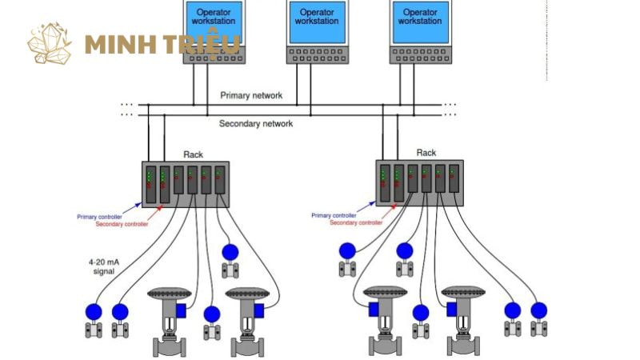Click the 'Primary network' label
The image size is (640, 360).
tap(251, 95)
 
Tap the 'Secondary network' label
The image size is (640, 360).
tap(256, 124)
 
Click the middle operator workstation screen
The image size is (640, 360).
tap(317, 22)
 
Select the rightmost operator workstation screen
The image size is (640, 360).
tap(420, 22)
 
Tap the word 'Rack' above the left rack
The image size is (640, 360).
tap(194, 154)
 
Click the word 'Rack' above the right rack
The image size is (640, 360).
tap(426, 153)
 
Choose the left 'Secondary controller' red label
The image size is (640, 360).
tap(122, 224)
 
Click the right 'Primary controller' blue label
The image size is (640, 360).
tap(334, 215)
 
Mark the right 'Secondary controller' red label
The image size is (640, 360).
tap(355, 222)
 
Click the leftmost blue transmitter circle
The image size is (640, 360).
tap(94, 311)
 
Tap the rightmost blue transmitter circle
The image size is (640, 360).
tap(538, 309)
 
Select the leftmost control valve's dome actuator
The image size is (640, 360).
tap(169, 294)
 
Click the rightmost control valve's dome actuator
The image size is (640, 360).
tap(463, 292)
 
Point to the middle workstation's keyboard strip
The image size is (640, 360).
tap(317, 55)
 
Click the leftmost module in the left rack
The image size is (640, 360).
tap(148, 185)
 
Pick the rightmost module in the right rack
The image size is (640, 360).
tap(454, 183)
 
